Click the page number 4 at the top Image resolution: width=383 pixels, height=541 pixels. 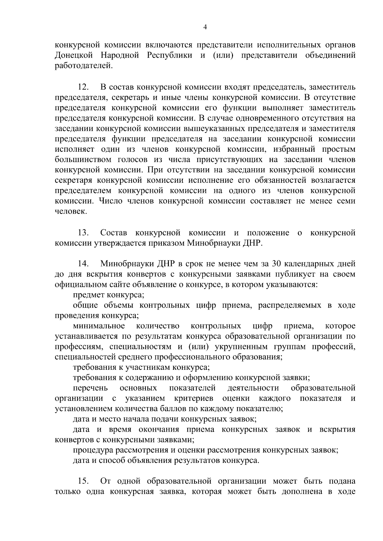pos(205,28)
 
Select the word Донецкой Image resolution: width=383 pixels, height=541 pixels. pos(74,55)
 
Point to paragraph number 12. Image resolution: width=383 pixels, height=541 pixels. pos(84,87)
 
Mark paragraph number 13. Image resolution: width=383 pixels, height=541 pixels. pos(84,233)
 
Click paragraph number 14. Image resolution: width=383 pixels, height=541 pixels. pos(84,264)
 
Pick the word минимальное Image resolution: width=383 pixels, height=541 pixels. pos(99,326)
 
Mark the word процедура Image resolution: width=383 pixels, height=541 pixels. pos(93,450)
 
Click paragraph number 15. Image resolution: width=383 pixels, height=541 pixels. pos(84,481)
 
